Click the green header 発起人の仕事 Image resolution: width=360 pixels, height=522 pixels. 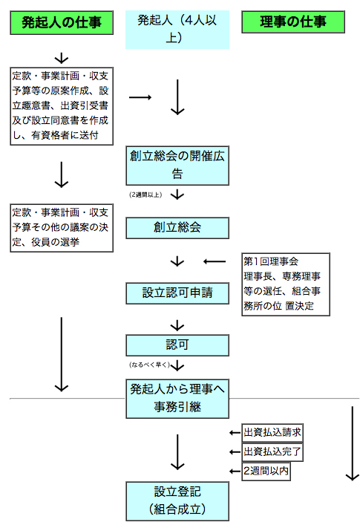tap(62, 22)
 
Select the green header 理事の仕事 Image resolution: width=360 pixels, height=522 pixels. tap(293, 22)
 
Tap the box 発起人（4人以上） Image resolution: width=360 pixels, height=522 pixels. tap(177, 30)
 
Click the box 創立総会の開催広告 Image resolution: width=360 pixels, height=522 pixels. tap(177, 166)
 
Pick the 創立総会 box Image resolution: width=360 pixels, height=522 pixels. tap(177, 228)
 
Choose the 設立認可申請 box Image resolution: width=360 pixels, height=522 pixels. tap(177, 293)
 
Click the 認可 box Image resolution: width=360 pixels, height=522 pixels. tap(177, 345)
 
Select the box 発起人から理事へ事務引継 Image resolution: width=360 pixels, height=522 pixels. tap(177, 399)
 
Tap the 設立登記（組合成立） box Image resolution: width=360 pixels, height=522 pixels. tap(177, 501)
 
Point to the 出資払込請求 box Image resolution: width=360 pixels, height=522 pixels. tap(272, 433)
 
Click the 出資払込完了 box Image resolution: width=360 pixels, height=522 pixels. tap(272, 451)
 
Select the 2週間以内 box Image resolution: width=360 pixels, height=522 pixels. tap(266, 471)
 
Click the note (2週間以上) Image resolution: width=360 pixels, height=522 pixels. tap(145, 195)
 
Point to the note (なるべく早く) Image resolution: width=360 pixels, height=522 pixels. tap(149, 365)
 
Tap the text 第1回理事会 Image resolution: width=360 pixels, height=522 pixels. tap(271, 261)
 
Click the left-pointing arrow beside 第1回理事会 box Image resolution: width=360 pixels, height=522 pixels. tap(215, 261)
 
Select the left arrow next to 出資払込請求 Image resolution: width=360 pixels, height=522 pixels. tap(235, 433)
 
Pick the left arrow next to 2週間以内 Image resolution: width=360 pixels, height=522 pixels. tap(235, 471)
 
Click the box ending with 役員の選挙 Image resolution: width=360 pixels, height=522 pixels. tap(62, 228)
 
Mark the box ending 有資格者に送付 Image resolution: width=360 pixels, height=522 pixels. tap(62, 106)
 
